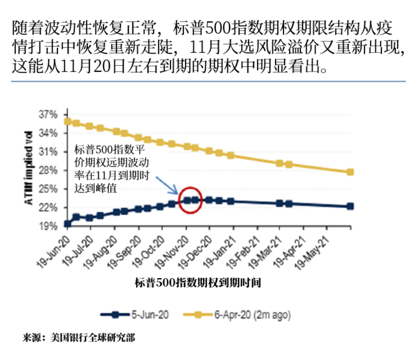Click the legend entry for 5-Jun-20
(x=135, y=315)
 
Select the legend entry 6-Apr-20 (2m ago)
(x=237, y=315)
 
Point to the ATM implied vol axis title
(x=29, y=168)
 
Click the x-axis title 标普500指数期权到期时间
(x=198, y=283)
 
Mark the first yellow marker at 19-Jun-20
(x=68, y=121)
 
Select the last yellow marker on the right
(x=350, y=172)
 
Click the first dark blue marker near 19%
(x=68, y=224)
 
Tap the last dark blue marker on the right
(x=350, y=206)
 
